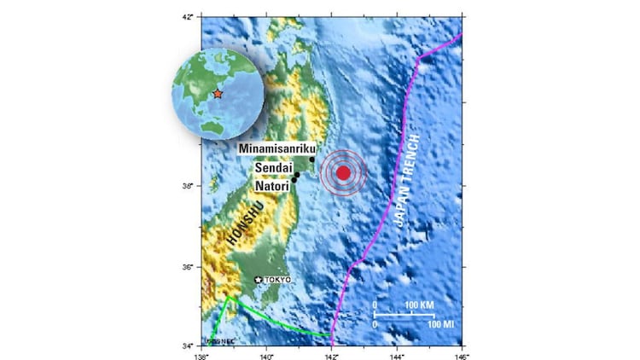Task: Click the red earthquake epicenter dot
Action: tap(343, 173)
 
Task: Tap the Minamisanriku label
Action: tap(277, 148)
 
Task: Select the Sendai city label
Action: tap(273, 169)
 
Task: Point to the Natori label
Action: tap(272, 184)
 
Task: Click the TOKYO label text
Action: tap(277, 280)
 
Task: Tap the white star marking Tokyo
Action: tap(259, 280)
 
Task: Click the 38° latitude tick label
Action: tap(189, 184)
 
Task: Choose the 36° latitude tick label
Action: tap(189, 267)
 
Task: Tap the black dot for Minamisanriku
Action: tap(312, 160)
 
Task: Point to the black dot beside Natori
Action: tap(294, 180)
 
